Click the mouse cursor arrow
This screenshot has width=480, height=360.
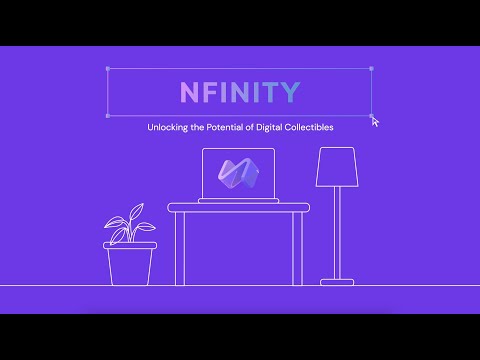pos(375,121)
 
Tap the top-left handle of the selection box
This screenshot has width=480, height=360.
pos(106,69)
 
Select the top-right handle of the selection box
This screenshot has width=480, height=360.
pos(372,69)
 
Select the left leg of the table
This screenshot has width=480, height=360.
pos(179,247)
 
